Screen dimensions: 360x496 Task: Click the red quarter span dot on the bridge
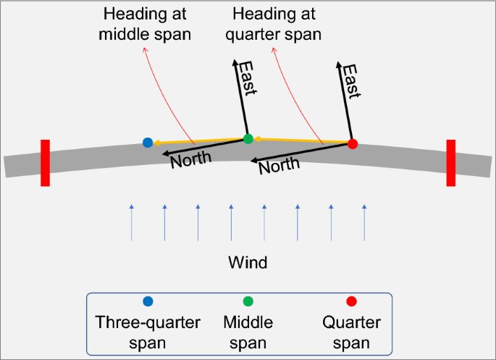353,143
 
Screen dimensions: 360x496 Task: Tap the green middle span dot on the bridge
248,138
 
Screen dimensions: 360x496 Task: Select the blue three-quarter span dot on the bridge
148,142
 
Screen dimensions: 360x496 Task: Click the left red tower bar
45,163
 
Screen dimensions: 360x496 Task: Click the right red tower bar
450,163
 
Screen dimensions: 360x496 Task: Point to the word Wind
248,262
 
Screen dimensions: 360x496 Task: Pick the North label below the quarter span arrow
279,167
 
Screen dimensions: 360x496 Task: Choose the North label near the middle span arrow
191,156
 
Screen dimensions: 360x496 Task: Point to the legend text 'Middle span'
248,332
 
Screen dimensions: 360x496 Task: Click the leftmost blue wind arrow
131,222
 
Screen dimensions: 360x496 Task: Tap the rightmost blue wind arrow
363,222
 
